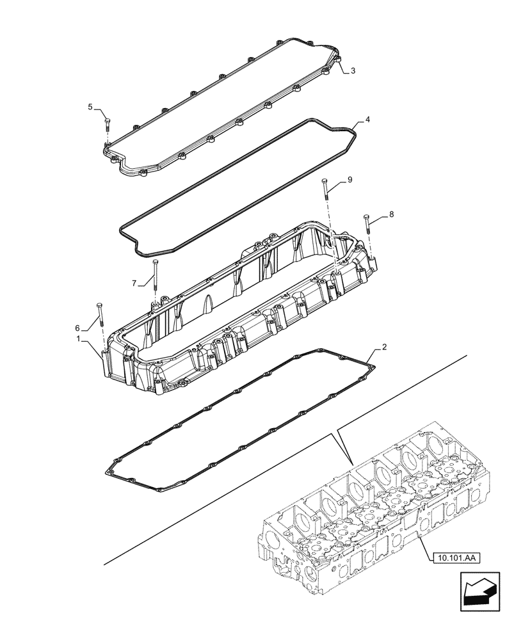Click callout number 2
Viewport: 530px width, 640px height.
pyautogui.click(x=384, y=348)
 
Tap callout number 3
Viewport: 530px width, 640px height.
pyautogui.click(x=353, y=72)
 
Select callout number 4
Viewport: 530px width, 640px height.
pyautogui.click(x=367, y=120)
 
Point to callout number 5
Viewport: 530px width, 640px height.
pyautogui.click(x=90, y=106)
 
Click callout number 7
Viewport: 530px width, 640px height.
pyautogui.click(x=134, y=283)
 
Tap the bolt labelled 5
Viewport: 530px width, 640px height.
pyautogui.click(x=106, y=131)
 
